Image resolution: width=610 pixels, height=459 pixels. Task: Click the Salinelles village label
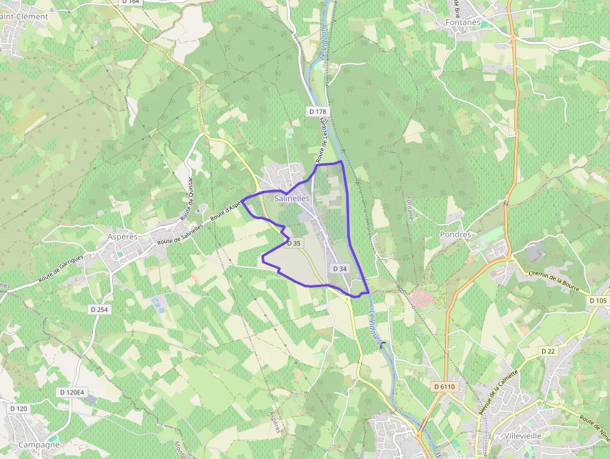[292, 198]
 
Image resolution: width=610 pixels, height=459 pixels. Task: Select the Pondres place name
[456, 234]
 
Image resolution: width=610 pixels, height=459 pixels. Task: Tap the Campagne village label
[39, 445]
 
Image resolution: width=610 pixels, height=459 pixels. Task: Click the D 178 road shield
[317, 111]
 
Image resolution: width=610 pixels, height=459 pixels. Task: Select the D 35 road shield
[294, 244]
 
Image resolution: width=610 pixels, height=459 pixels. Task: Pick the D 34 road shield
[339, 268]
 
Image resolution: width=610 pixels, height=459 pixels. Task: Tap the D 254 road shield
[99, 310]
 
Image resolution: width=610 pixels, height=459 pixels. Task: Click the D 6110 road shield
[444, 387]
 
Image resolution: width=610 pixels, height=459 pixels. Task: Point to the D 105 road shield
[597, 301]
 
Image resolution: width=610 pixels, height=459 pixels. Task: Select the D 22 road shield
[548, 351]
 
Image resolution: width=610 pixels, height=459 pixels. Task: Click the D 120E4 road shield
[72, 392]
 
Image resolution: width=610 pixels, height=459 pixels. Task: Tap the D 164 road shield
[131, 2]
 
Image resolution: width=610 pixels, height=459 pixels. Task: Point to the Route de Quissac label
[186, 197]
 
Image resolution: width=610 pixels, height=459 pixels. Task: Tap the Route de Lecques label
[322, 141]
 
